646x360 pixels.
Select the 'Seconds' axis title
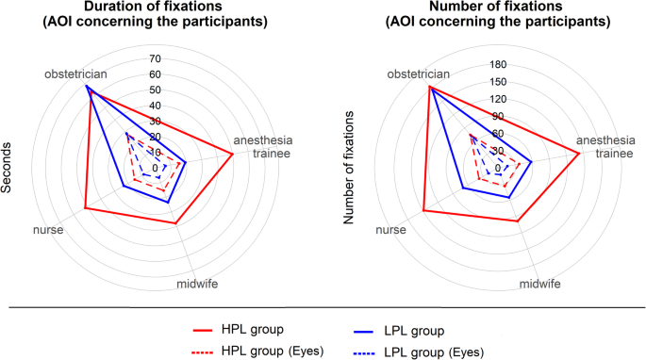tap(7, 168)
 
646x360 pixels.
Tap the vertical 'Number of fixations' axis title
tap(349, 168)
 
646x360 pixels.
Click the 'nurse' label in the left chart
tap(48, 228)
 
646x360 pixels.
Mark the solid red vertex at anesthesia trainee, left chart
tap(233, 154)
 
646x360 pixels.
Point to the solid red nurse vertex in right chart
tap(423, 210)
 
